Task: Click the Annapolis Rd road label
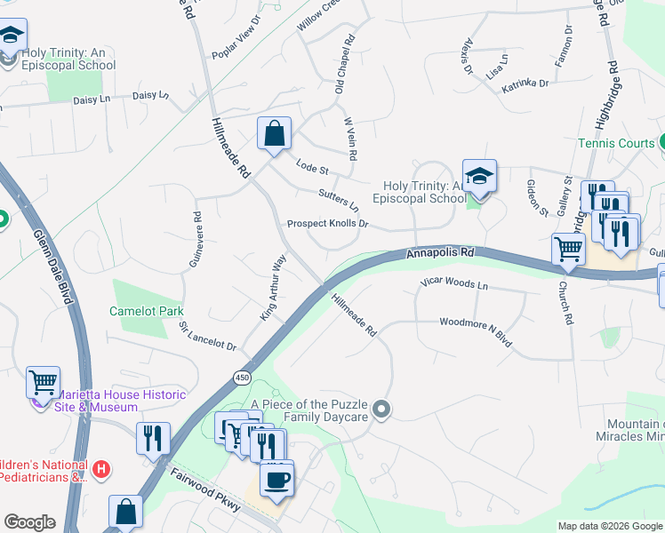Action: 441,253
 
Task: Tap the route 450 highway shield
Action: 242,378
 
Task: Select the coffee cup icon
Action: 276,480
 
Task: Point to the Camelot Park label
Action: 146,311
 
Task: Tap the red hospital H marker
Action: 102,468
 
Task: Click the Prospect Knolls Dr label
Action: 327,224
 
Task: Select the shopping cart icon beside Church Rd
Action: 567,250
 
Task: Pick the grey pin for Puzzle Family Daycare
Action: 381,409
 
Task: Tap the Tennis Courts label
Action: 616,143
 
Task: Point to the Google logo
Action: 29,522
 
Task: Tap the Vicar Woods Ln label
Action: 454,285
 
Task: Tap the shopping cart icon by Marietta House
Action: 43,383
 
